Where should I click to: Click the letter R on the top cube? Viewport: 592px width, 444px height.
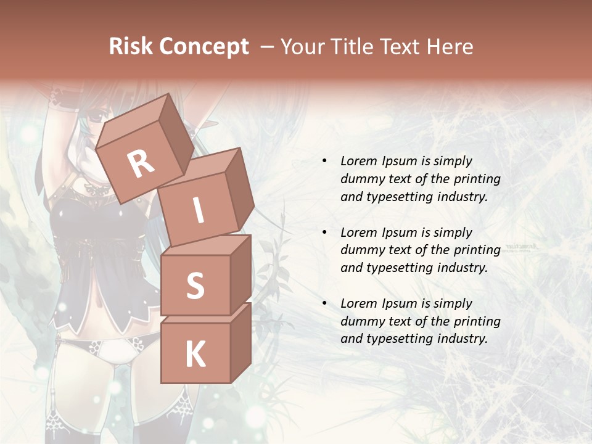click(141, 164)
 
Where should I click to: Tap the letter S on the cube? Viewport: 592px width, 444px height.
click(195, 286)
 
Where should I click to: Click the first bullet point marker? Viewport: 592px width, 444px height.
click(324, 162)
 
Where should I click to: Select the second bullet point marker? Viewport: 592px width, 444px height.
click(324, 232)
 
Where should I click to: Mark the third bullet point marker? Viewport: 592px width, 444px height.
click(324, 303)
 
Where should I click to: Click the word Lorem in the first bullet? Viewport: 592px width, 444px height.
click(358, 161)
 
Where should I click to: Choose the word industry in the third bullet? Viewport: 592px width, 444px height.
click(462, 339)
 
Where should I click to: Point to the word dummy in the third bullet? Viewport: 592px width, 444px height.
click(360, 321)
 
